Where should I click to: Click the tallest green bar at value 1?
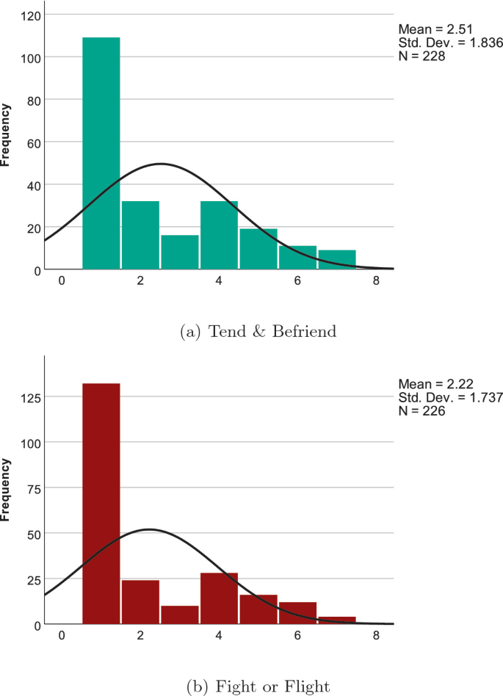[101, 153]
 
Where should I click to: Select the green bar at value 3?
[180, 253]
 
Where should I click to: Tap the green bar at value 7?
[337, 260]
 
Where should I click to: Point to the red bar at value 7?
[337, 620]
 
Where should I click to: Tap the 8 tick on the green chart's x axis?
[376, 280]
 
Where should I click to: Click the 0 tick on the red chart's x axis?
[62, 635]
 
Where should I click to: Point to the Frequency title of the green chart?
[7, 135]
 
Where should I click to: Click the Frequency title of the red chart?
[7, 490]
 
